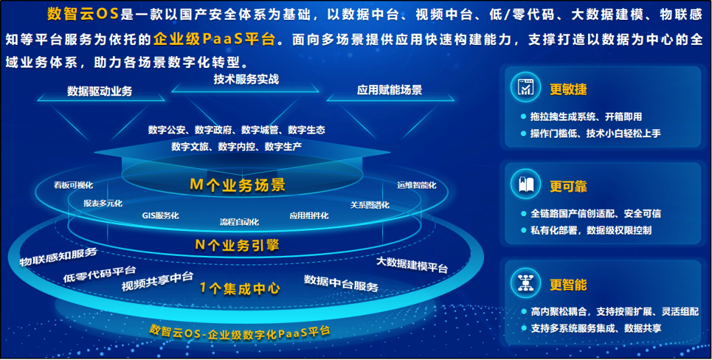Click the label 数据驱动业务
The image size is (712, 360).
[100, 91]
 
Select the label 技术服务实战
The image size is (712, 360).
[246, 78]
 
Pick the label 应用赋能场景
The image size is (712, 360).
[390, 90]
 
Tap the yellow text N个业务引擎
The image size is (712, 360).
[237, 245]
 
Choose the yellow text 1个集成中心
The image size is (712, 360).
[240, 288]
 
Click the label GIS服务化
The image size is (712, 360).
[160, 216]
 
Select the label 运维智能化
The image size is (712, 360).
[417, 185]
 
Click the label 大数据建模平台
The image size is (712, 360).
[412, 264]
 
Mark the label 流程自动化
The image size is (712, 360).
[239, 222]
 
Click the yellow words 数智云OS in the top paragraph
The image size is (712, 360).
[83, 15]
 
